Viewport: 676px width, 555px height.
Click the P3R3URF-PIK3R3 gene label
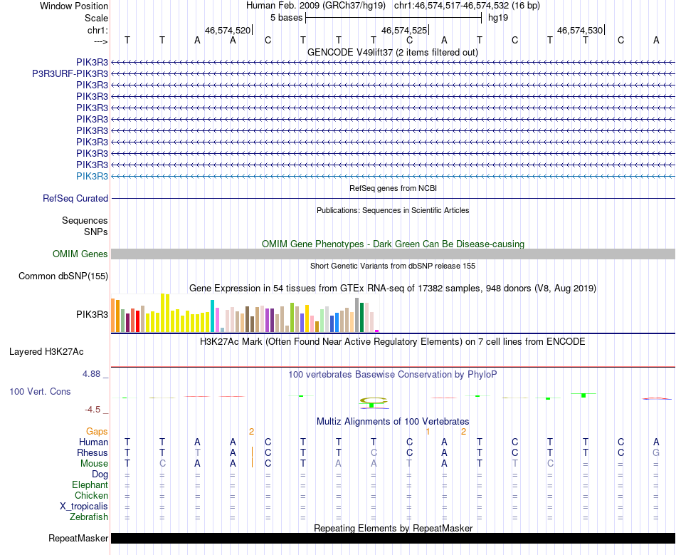70,73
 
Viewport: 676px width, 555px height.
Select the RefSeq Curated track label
75,199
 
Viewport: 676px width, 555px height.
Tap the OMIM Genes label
80,254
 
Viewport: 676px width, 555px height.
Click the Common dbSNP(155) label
63,276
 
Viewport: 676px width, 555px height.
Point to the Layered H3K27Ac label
46,352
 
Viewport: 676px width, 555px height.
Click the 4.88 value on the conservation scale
95,373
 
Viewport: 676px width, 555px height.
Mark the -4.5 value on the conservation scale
96,410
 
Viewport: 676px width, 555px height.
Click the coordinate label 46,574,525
404,31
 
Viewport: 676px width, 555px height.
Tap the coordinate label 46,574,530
580,31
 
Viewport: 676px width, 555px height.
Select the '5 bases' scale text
286,18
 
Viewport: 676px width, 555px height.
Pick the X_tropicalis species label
84,507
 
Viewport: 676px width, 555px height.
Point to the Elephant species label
90,485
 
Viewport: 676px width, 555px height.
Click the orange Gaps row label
97,432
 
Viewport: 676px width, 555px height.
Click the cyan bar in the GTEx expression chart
212,316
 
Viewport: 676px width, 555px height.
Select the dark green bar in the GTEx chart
362,317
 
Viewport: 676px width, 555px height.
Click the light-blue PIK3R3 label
92,176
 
